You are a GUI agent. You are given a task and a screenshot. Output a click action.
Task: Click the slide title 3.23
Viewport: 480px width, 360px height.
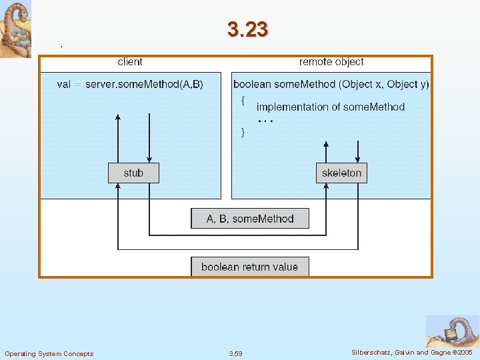(247, 29)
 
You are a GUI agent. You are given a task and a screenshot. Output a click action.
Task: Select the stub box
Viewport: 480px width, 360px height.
(134, 173)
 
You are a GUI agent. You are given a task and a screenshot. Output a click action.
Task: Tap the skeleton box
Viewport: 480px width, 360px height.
(341, 173)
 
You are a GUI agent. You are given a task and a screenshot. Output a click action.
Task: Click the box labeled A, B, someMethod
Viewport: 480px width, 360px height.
(250, 219)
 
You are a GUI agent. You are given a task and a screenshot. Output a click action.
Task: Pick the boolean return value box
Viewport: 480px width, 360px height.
(250, 267)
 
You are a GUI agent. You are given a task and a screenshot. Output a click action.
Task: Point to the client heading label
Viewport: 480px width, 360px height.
(130, 62)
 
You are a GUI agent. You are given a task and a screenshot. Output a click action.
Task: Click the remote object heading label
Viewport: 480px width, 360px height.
(331, 62)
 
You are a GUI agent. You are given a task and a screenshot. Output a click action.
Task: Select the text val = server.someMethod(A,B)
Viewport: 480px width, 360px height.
(131, 84)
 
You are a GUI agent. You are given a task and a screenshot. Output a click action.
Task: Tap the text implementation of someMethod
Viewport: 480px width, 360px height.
(331, 107)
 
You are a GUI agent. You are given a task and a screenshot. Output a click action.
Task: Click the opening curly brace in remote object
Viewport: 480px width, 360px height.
(243, 100)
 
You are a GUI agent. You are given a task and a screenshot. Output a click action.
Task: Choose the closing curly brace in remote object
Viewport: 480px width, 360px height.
(243, 131)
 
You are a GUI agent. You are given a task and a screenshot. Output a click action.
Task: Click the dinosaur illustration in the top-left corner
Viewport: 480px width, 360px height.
(15, 29)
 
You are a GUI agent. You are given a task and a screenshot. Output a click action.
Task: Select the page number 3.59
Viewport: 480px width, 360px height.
(235, 353)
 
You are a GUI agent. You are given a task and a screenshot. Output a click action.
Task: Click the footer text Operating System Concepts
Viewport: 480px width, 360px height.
(49, 353)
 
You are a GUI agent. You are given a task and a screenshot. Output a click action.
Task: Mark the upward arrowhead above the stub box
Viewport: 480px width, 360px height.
(118, 117)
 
